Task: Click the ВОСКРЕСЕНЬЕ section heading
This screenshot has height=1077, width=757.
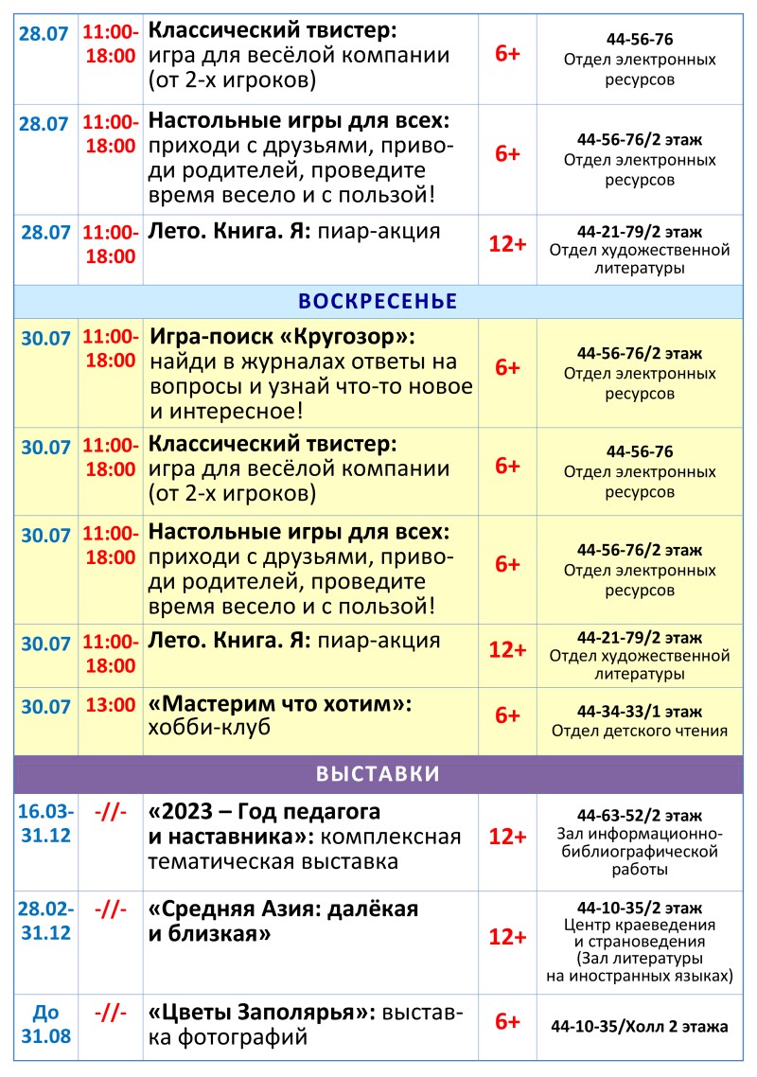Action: pyautogui.click(x=378, y=302)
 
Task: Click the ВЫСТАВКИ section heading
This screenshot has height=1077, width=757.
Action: pyautogui.click(x=378, y=773)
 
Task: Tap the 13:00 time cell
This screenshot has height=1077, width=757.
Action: pyautogui.click(x=111, y=705)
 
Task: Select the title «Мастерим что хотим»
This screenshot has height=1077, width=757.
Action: pyautogui.click(x=282, y=704)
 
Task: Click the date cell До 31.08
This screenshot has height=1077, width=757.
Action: pyautogui.click(x=47, y=1024)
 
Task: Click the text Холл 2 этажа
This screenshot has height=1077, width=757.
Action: pyautogui.click(x=681, y=1025)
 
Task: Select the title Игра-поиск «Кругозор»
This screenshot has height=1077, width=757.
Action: pyautogui.click(x=282, y=337)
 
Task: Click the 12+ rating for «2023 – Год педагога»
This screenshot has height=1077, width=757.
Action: pyautogui.click(x=507, y=838)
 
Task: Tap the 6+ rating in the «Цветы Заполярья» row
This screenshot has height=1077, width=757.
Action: pyautogui.click(x=507, y=1022)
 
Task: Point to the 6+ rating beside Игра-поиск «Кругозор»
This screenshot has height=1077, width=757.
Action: pyautogui.click(x=507, y=368)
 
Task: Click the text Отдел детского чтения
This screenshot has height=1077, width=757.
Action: pyautogui.click(x=640, y=731)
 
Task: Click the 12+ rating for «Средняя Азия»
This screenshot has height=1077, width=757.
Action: pyautogui.click(x=507, y=937)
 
